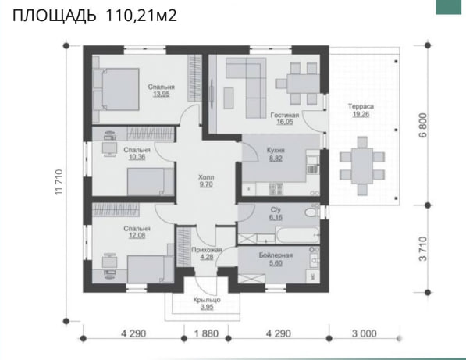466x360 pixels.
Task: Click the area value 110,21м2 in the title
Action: [141, 16]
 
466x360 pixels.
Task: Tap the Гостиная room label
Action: [285, 115]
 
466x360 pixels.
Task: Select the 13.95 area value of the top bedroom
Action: [162, 94]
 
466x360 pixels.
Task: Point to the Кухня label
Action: [276, 150]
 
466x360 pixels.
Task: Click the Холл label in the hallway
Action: [206, 177]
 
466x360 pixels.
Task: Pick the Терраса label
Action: [361, 106]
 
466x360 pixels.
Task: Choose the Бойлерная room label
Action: [276, 255]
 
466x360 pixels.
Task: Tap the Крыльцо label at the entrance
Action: [207, 300]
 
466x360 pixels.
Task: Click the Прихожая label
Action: [207, 250]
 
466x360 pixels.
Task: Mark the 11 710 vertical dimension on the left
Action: [59, 182]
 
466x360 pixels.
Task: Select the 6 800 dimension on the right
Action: [423, 125]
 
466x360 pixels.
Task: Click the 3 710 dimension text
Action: [423, 249]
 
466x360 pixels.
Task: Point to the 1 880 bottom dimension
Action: [207, 333]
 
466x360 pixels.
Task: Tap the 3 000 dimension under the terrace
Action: [365, 333]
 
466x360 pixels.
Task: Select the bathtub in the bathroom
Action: [297, 235]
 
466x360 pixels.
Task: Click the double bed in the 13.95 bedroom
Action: [116, 89]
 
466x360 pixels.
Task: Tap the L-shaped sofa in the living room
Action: [246, 87]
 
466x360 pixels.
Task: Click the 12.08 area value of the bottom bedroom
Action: [137, 236]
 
